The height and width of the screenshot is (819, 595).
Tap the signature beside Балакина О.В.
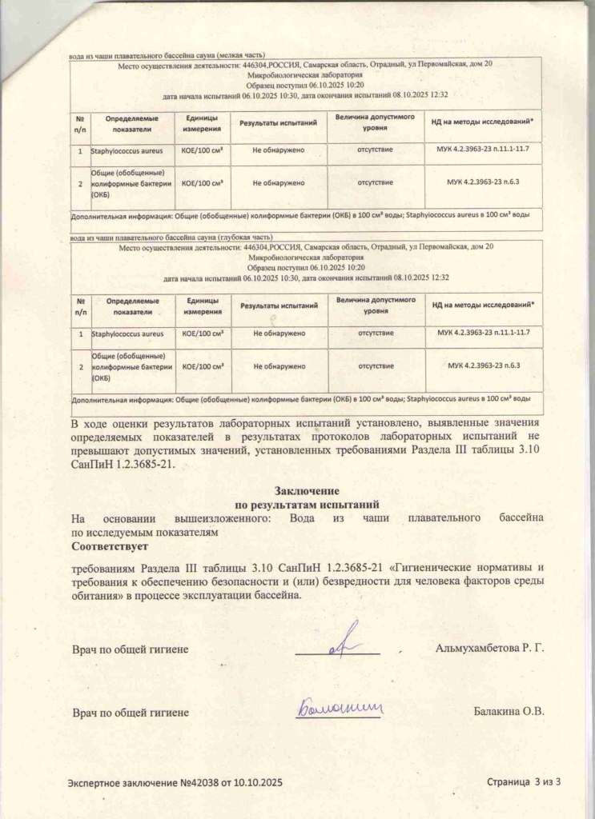pyautogui.click(x=340, y=707)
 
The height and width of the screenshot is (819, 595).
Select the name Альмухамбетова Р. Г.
pyautogui.click(x=490, y=647)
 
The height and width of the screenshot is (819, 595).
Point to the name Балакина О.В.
pyautogui.click(x=509, y=711)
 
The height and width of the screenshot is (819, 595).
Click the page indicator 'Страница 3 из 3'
pyautogui.click(x=525, y=781)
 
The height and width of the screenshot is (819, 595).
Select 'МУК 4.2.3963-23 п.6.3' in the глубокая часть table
pyautogui.click(x=483, y=366)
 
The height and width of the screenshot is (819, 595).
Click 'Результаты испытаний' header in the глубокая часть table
pyautogui.click(x=279, y=306)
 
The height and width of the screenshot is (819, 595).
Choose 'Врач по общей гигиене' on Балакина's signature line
pyautogui.click(x=131, y=711)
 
